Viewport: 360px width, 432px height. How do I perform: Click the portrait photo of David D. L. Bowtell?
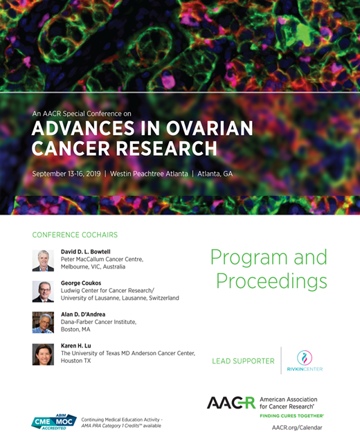click(x=43, y=260)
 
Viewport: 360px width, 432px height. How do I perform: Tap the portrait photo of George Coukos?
click(x=43, y=291)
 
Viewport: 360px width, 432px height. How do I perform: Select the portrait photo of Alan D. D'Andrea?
click(x=43, y=323)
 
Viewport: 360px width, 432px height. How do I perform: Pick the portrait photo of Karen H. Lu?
click(x=43, y=354)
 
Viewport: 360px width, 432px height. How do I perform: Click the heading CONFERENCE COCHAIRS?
click(x=75, y=235)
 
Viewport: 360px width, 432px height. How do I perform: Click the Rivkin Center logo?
click(x=305, y=361)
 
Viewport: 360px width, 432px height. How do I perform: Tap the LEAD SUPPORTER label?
click(x=243, y=361)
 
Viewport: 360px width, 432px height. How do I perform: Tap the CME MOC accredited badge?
click(x=54, y=420)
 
